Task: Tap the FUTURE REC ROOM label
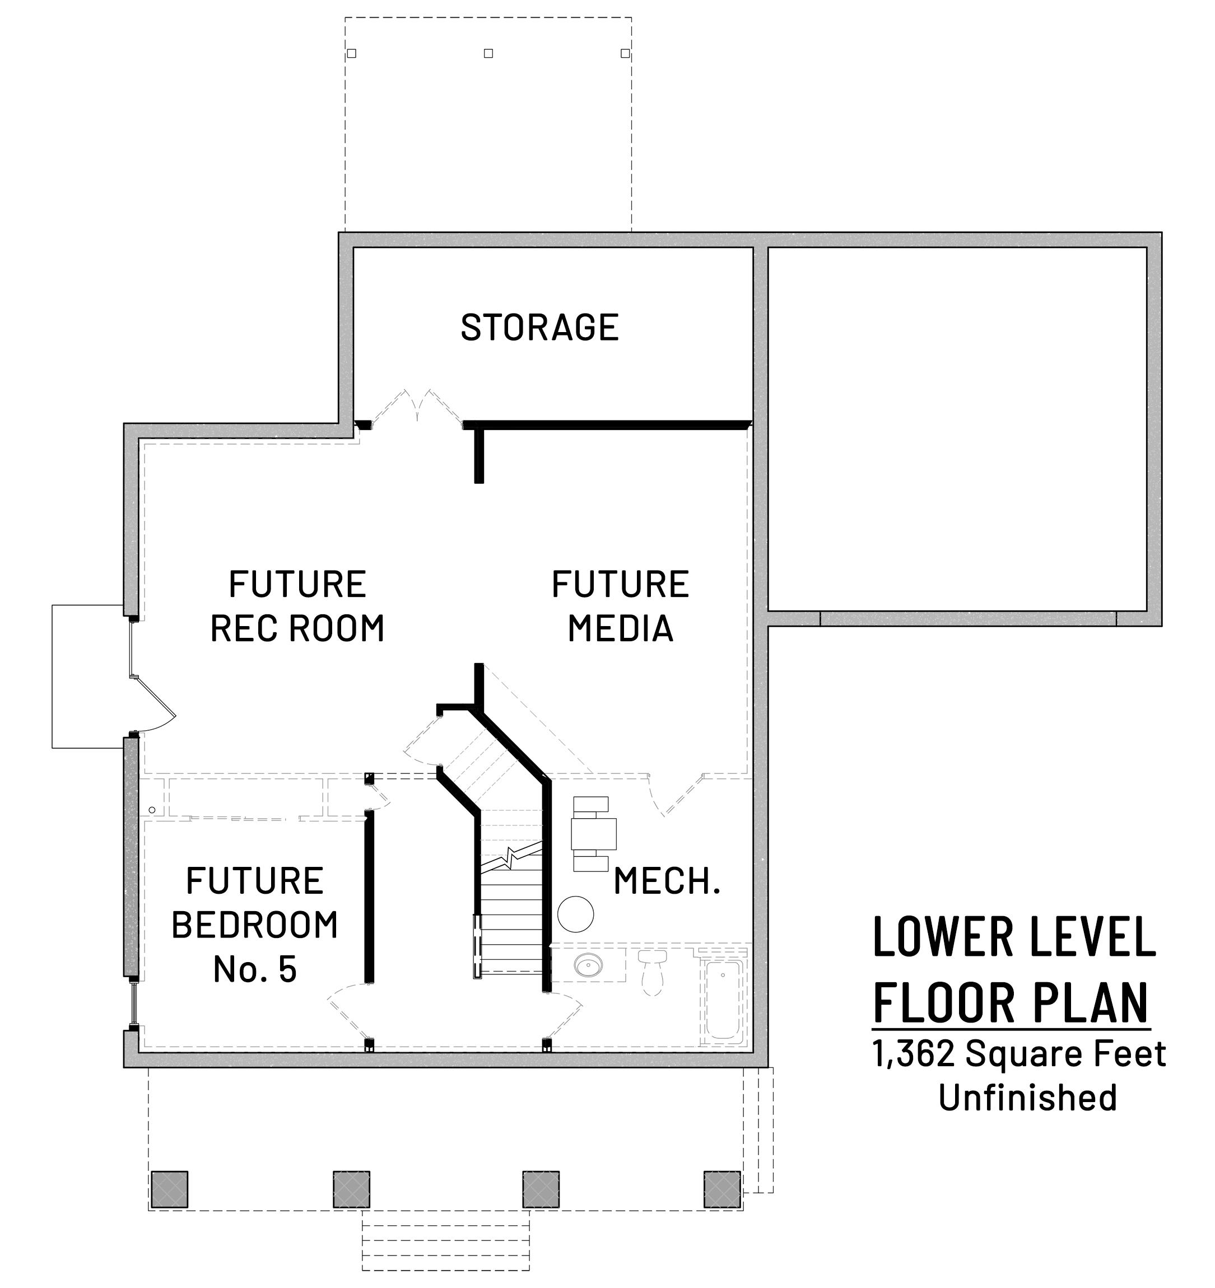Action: [x=297, y=606]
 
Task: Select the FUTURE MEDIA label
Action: [x=620, y=606]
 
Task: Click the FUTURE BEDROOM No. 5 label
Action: [x=255, y=925]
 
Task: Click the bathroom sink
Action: [x=588, y=966]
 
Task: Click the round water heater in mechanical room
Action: [x=575, y=913]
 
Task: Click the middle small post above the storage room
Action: [x=488, y=53]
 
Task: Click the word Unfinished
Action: [x=1028, y=1098]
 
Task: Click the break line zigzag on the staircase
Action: [x=511, y=857]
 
